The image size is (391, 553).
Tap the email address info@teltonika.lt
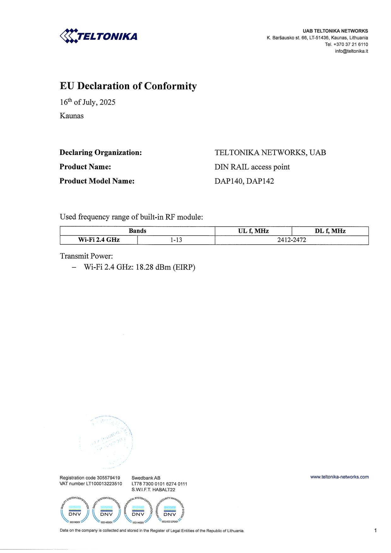351,51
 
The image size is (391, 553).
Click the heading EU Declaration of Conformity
128,86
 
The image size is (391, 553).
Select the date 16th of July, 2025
87,102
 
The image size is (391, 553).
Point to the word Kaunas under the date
72,116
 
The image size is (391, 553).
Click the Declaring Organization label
101,153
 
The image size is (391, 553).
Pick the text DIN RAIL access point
252,167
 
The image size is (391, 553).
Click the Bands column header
137,231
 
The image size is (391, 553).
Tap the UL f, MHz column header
253,231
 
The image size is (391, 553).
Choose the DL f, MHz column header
330,231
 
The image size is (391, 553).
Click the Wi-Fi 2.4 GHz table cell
99,240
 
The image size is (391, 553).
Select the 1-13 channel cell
176,240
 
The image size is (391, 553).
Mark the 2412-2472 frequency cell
292,240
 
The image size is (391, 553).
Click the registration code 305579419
108,478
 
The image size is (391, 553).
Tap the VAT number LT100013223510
104,484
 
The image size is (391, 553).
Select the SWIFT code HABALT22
163,490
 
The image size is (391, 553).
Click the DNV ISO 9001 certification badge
75,513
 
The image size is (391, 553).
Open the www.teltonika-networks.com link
339,477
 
